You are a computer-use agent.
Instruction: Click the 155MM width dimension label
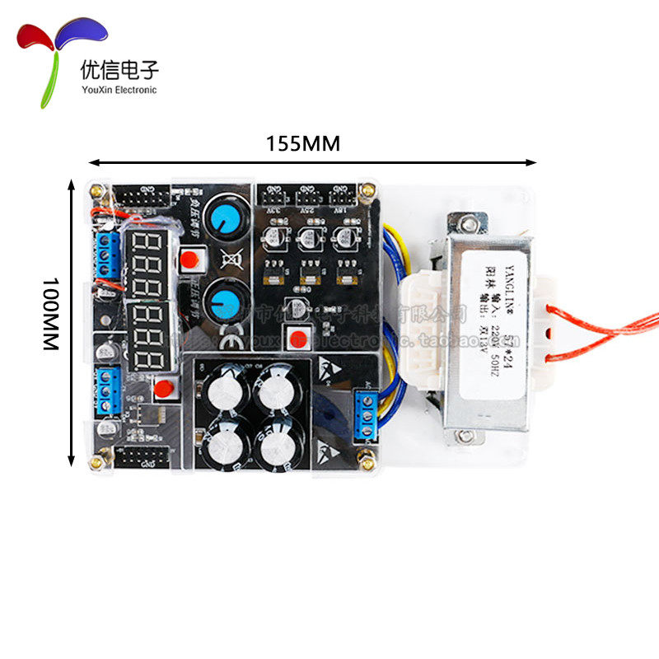(x=302, y=143)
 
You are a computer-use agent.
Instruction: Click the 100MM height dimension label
(x=51, y=313)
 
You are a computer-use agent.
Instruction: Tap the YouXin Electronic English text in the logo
(x=119, y=90)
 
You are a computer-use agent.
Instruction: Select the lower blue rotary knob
(x=221, y=298)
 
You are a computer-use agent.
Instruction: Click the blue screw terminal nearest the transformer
(x=365, y=416)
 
